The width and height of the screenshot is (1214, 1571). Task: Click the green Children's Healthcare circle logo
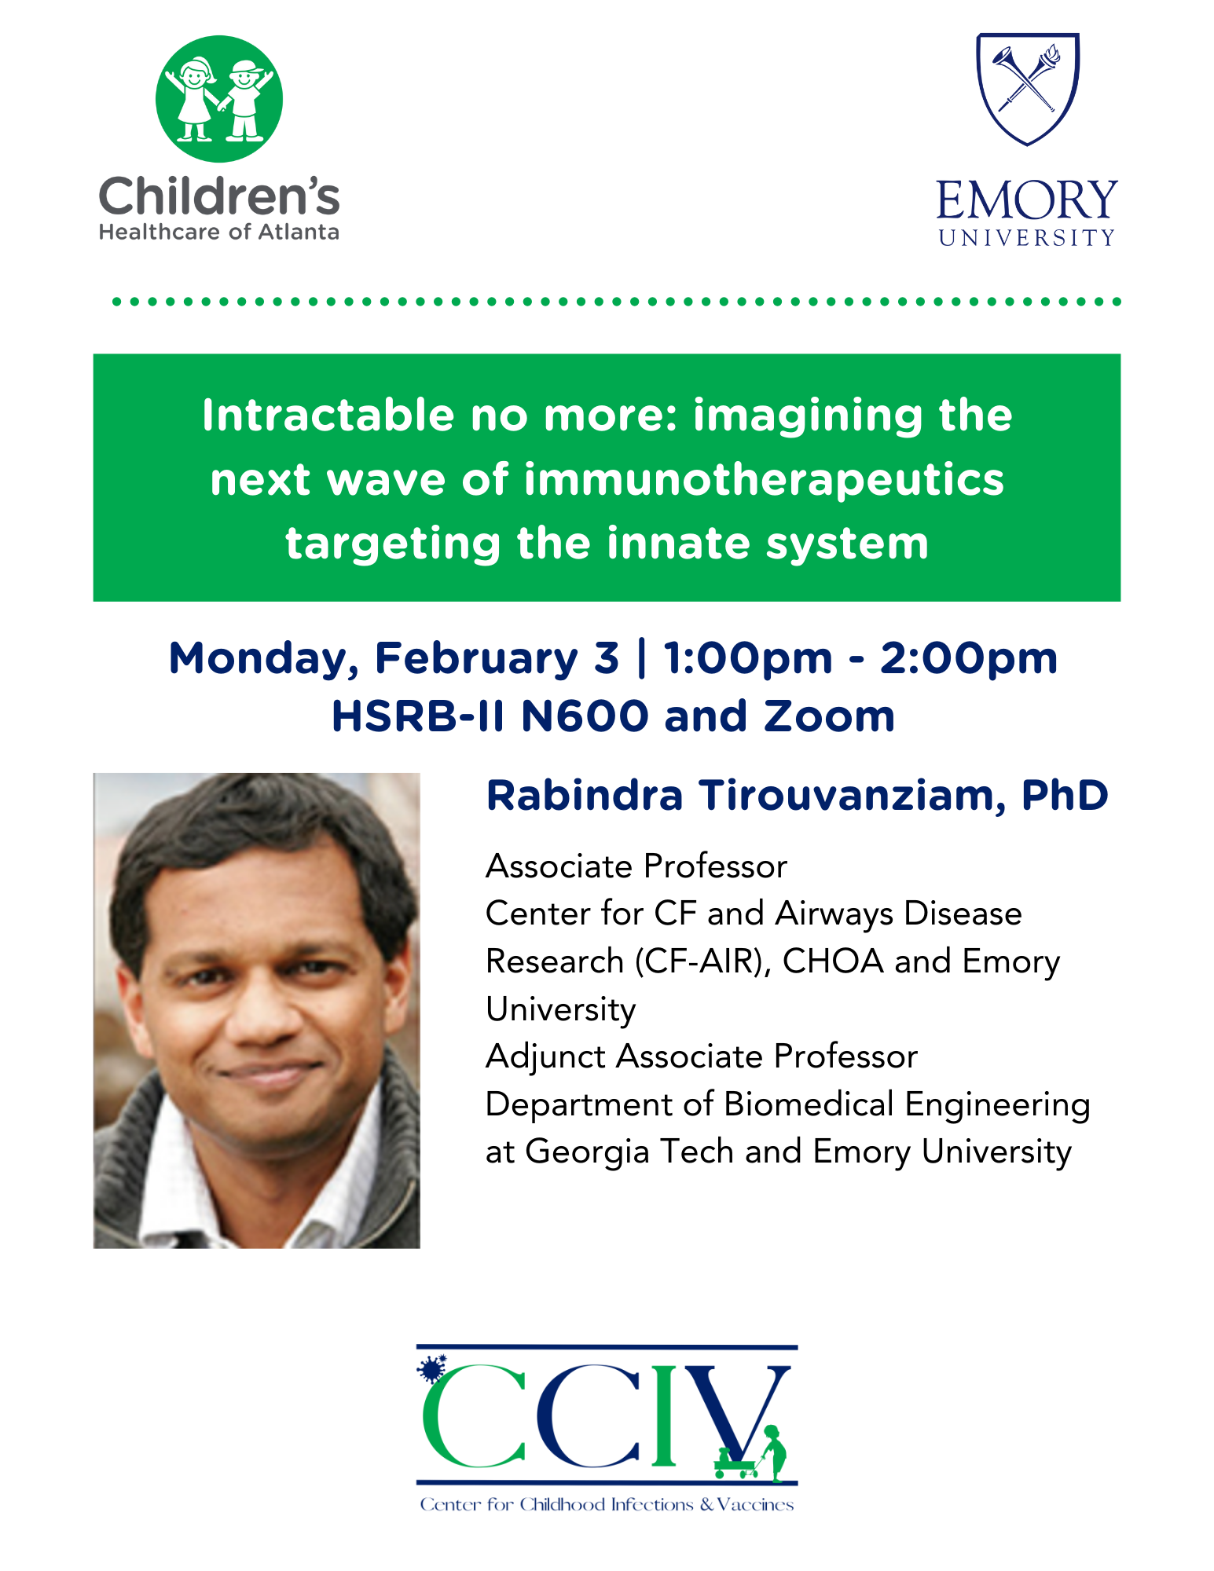pos(219,99)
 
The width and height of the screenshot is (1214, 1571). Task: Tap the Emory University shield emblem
pos(1028,89)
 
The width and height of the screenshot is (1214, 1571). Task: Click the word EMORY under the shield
pos(1027,200)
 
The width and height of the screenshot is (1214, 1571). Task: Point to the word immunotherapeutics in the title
pos(764,480)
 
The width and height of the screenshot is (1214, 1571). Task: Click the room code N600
pos(585,716)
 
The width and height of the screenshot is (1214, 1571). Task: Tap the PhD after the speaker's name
pos(1065,795)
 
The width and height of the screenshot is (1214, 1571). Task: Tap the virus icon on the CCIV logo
pos(431,1369)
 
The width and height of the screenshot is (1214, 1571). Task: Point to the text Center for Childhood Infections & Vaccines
pos(607,1504)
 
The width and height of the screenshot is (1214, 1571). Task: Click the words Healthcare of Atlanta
pos(219,232)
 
